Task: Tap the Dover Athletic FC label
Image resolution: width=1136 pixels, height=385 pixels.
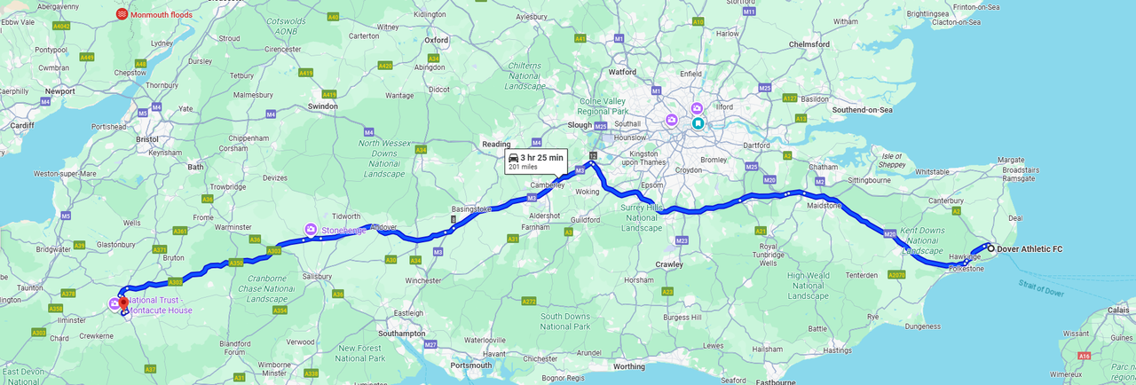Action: coord(1029,249)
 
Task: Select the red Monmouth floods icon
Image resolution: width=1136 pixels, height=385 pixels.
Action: coord(122,14)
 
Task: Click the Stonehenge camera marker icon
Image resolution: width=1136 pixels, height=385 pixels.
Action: coord(311,230)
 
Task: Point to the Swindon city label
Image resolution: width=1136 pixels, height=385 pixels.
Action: coord(322,106)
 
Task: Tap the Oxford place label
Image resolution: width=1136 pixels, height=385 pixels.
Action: coord(436,40)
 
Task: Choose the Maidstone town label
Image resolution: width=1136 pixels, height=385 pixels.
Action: coord(823,206)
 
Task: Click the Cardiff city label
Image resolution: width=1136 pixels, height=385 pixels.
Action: coord(21,125)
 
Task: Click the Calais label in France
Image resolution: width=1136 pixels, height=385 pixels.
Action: coord(1117,310)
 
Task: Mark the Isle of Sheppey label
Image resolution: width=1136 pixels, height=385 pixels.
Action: coord(891,160)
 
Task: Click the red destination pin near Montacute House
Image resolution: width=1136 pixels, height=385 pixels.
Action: coord(123,303)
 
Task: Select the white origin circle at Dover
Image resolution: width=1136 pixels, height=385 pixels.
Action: coord(990,249)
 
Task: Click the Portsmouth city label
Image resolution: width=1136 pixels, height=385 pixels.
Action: coord(469,365)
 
